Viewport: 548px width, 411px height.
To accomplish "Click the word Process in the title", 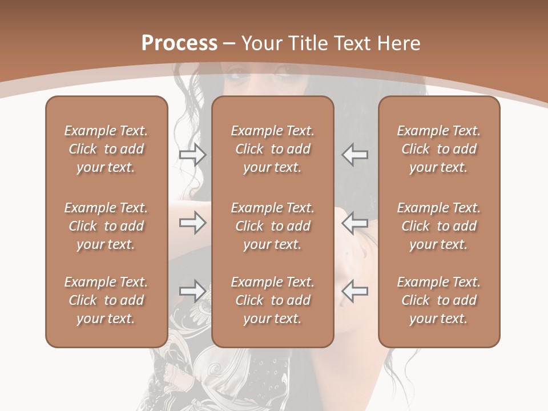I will click(179, 43).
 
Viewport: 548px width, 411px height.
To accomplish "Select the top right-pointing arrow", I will click(192, 155).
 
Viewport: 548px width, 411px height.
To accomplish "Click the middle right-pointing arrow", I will click(192, 223).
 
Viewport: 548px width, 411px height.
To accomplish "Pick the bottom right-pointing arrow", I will click(192, 292).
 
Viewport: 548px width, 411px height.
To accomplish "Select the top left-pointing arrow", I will click(355, 155).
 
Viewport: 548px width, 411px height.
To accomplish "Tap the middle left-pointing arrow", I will click(355, 223).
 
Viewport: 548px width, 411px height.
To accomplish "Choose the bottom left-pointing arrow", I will click(355, 292).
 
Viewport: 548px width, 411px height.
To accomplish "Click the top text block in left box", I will click(106, 149).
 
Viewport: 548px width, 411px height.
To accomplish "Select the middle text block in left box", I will click(106, 226).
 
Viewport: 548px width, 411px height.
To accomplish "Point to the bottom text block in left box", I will click(106, 300).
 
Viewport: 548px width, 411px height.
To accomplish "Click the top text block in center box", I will click(273, 149).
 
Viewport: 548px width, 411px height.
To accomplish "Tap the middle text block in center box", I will click(273, 226).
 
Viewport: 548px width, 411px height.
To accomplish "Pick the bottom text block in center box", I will click(273, 300).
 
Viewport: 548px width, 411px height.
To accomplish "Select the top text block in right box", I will click(439, 149).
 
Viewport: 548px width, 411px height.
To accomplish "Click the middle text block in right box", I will click(439, 226).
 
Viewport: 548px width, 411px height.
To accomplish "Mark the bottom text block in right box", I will click(439, 300).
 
